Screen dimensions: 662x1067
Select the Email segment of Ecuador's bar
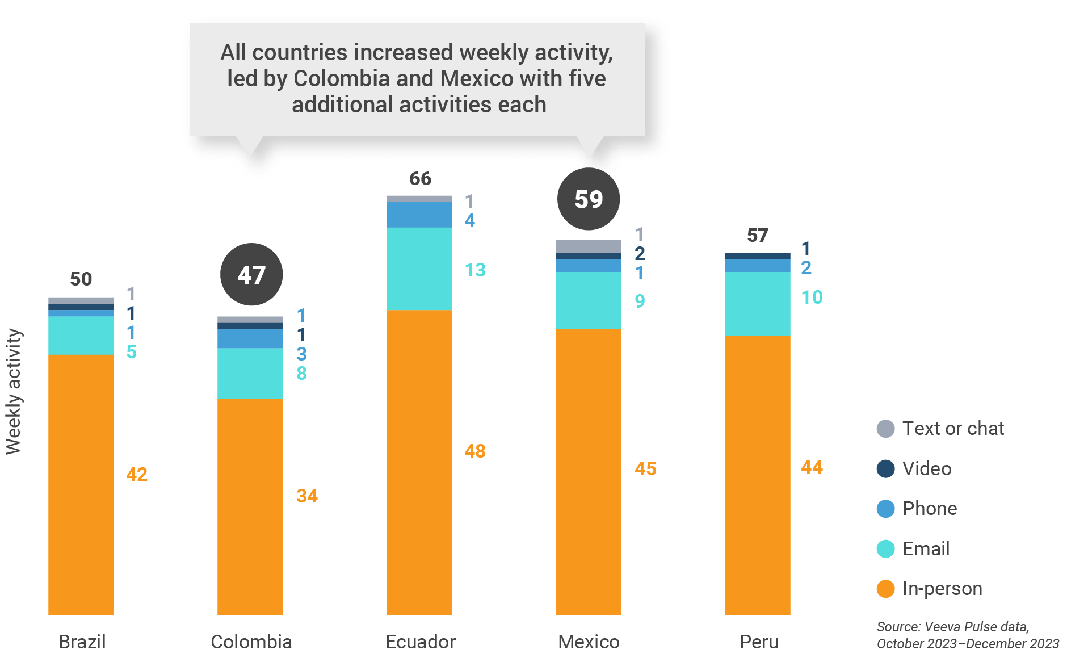click(x=419, y=269)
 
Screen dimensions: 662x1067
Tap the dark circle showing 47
click(x=251, y=275)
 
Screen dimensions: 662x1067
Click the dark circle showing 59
click(x=589, y=199)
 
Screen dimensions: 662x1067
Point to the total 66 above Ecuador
click(x=420, y=179)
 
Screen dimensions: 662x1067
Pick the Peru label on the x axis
click(x=759, y=642)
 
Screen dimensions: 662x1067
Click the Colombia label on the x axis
click(x=251, y=642)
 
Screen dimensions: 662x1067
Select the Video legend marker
click(x=885, y=469)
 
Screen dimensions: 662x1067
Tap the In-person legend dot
click(x=885, y=589)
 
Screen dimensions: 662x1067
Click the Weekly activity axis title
click(x=14, y=392)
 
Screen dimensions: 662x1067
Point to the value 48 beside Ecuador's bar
click(x=475, y=451)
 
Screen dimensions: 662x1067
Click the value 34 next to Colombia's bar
click(x=307, y=496)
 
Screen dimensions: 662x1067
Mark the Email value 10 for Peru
click(x=812, y=298)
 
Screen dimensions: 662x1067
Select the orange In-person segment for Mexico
click(x=588, y=471)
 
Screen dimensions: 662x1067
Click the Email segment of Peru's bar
click(x=757, y=304)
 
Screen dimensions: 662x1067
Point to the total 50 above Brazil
click(x=81, y=279)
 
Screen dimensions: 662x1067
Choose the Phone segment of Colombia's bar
click(x=250, y=339)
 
